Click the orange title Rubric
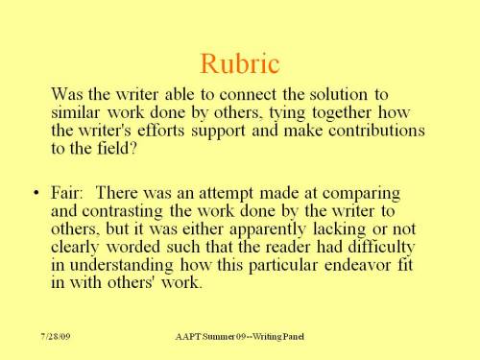click(x=239, y=63)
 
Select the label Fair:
click(x=68, y=195)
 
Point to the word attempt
click(x=240, y=195)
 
